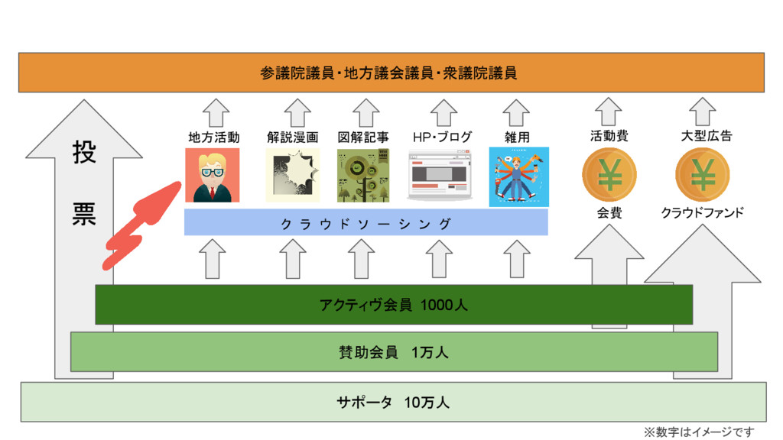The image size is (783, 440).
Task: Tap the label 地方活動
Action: (214, 137)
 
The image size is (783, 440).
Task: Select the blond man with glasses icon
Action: (212, 176)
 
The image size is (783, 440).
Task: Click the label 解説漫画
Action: (293, 137)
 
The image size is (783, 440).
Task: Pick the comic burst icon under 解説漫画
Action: (291, 176)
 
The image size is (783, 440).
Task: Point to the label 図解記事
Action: (363, 137)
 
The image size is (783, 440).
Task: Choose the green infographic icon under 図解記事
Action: (363, 176)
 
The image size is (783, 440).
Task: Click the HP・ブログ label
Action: (442, 137)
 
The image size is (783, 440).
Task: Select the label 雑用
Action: (517, 137)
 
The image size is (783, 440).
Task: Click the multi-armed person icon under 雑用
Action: (518, 176)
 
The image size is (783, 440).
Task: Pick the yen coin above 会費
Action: (609, 175)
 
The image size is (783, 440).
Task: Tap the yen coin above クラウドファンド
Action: (702, 175)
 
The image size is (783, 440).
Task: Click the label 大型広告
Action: (706, 136)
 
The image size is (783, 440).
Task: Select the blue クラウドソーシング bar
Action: (366, 223)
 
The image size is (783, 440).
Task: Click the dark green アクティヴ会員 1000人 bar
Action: (394, 305)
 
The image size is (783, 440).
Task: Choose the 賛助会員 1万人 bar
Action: (394, 351)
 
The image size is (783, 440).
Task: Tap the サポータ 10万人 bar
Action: (394, 402)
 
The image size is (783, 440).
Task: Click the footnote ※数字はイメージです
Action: (699, 432)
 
